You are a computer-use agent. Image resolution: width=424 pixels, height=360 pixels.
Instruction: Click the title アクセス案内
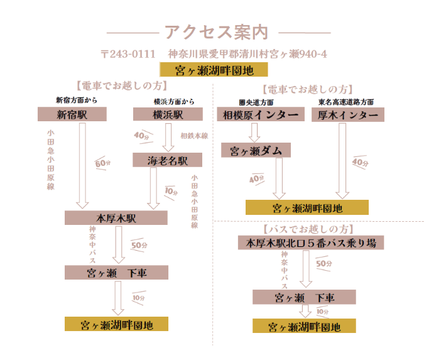216,33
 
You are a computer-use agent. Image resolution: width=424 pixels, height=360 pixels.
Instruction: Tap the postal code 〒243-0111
128,54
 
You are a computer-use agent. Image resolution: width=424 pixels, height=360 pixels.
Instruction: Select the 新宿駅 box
72,114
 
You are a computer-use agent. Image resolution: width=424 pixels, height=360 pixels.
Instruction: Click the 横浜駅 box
168,114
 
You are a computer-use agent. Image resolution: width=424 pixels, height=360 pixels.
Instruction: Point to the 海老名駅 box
167,160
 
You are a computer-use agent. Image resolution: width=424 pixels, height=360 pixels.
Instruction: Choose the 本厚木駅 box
116,218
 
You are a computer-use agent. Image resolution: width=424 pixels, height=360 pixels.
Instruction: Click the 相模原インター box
261,114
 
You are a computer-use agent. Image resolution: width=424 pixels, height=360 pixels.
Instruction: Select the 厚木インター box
348,115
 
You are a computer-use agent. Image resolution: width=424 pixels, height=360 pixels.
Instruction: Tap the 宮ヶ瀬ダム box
256,150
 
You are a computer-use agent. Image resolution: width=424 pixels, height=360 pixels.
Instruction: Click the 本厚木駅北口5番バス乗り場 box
311,243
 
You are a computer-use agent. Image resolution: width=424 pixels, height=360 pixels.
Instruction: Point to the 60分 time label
103,163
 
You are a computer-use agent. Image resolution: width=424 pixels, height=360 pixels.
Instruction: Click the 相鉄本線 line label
195,136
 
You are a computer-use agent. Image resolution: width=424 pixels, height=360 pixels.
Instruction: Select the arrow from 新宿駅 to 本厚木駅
82,165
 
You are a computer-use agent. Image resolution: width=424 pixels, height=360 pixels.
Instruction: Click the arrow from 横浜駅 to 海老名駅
168,138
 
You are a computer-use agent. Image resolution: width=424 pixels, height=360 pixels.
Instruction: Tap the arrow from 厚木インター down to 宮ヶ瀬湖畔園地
342,161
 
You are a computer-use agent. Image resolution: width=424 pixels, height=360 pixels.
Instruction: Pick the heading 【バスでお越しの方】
308,229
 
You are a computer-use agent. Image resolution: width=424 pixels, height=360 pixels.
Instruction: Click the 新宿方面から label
77,101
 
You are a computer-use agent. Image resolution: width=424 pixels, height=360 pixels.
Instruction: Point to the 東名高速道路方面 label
346,102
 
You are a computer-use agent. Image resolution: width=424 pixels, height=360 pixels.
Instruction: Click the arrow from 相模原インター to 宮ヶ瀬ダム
254,133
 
